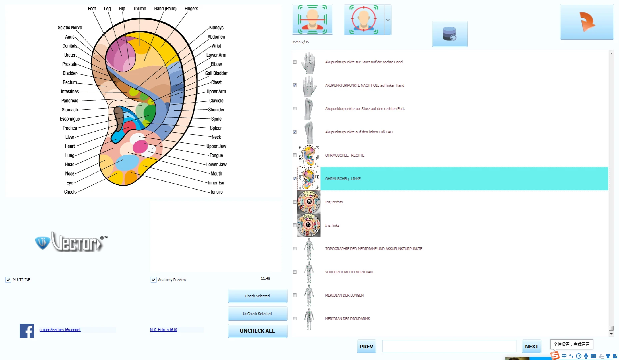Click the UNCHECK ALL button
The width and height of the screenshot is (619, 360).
(257, 331)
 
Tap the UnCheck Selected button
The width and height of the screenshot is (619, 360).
(257, 314)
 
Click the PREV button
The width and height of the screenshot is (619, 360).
(366, 347)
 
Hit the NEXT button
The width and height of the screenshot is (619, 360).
(531, 347)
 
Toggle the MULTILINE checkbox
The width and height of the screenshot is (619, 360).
(8, 280)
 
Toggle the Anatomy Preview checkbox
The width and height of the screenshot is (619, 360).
(154, 280)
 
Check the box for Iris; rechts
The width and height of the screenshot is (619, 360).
(295, 202)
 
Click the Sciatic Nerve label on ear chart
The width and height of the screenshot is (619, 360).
(70, 28)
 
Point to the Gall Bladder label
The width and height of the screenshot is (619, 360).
(216, 73)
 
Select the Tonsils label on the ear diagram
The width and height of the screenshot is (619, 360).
(216, 192)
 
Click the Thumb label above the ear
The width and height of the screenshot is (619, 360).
(139, 9)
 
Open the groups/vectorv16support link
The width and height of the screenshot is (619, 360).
(60, 330)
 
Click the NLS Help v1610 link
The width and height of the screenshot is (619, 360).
(163, 330)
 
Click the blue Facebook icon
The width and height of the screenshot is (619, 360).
(27, 331)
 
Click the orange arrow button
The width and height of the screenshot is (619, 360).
(587, 22)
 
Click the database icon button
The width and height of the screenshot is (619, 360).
(449, 34)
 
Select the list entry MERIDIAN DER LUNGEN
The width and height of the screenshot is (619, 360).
(344, 295)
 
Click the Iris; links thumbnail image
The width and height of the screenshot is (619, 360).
(309, 225)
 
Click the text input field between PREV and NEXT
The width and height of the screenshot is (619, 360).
(449, 346)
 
